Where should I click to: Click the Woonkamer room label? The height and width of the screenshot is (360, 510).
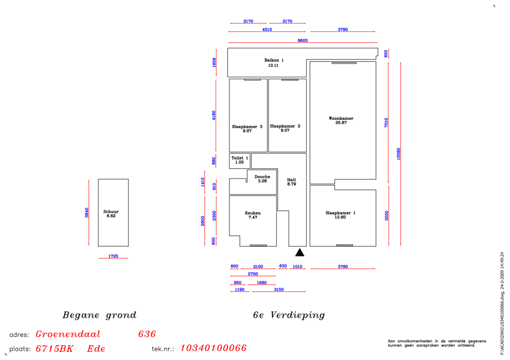click(x=341, y=118)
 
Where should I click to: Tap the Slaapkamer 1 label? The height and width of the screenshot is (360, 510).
click(x=340, y=213)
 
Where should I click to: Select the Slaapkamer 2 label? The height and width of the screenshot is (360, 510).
click(x=285, y=126)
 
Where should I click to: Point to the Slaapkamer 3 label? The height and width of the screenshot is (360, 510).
click(x=247, y=126)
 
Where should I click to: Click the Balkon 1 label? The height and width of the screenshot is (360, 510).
click(x=274, y=60)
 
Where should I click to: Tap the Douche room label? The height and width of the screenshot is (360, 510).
click(x=262, y=176)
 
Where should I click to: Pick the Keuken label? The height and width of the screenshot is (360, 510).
click(x=252, y=213)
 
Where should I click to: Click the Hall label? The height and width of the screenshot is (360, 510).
click(x=292, y=180)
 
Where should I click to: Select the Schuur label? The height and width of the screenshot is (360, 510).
click(x=111, y=212)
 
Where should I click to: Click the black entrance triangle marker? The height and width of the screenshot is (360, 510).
click(x=300, y=252)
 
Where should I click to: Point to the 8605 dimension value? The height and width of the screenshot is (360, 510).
click(x=302, y=40)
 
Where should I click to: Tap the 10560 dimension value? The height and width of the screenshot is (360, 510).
click(x=399, y=153)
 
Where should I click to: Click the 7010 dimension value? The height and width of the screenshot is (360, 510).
click(x=387, y=122)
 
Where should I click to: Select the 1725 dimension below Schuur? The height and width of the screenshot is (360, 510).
click(x=113, y=256)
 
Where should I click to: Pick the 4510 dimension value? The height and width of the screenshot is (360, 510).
click(x=267, y=30)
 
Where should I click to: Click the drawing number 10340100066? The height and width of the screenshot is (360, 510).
click(x=213, y=348)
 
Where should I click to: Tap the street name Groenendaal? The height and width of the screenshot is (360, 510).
click(x=68, y=335)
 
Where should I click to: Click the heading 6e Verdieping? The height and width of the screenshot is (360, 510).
click(x=289, y=315)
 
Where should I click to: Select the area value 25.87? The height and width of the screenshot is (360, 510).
click(x=341, y=123)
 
